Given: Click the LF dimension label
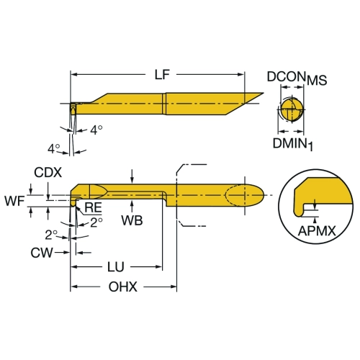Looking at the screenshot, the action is tap(162, 74).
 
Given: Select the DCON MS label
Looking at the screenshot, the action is tap(297, 78).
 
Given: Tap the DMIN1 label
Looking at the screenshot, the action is tap(293, 144).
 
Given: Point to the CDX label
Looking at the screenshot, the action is tap(48, 173).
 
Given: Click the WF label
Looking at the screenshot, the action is tap(14, 201).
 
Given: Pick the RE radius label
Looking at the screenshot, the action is tap(94, 207).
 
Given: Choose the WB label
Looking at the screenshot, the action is tap(132, 220).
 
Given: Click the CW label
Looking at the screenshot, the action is tap(42, 253).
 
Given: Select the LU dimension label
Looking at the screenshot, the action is tap(116, 267).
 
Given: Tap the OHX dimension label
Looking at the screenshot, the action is tap(123, 287).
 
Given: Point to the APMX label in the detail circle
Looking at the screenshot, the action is tap(317, 231).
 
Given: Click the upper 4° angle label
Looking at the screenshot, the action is tap(96, 130).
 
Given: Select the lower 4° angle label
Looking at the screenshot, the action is tap(53, 149).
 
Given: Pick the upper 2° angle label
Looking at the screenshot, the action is tap(96, 222).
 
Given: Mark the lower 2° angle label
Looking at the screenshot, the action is tap(51, 235).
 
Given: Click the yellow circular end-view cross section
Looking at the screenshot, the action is tap(291, 109).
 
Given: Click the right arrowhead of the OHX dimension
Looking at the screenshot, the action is tap(174, 287).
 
